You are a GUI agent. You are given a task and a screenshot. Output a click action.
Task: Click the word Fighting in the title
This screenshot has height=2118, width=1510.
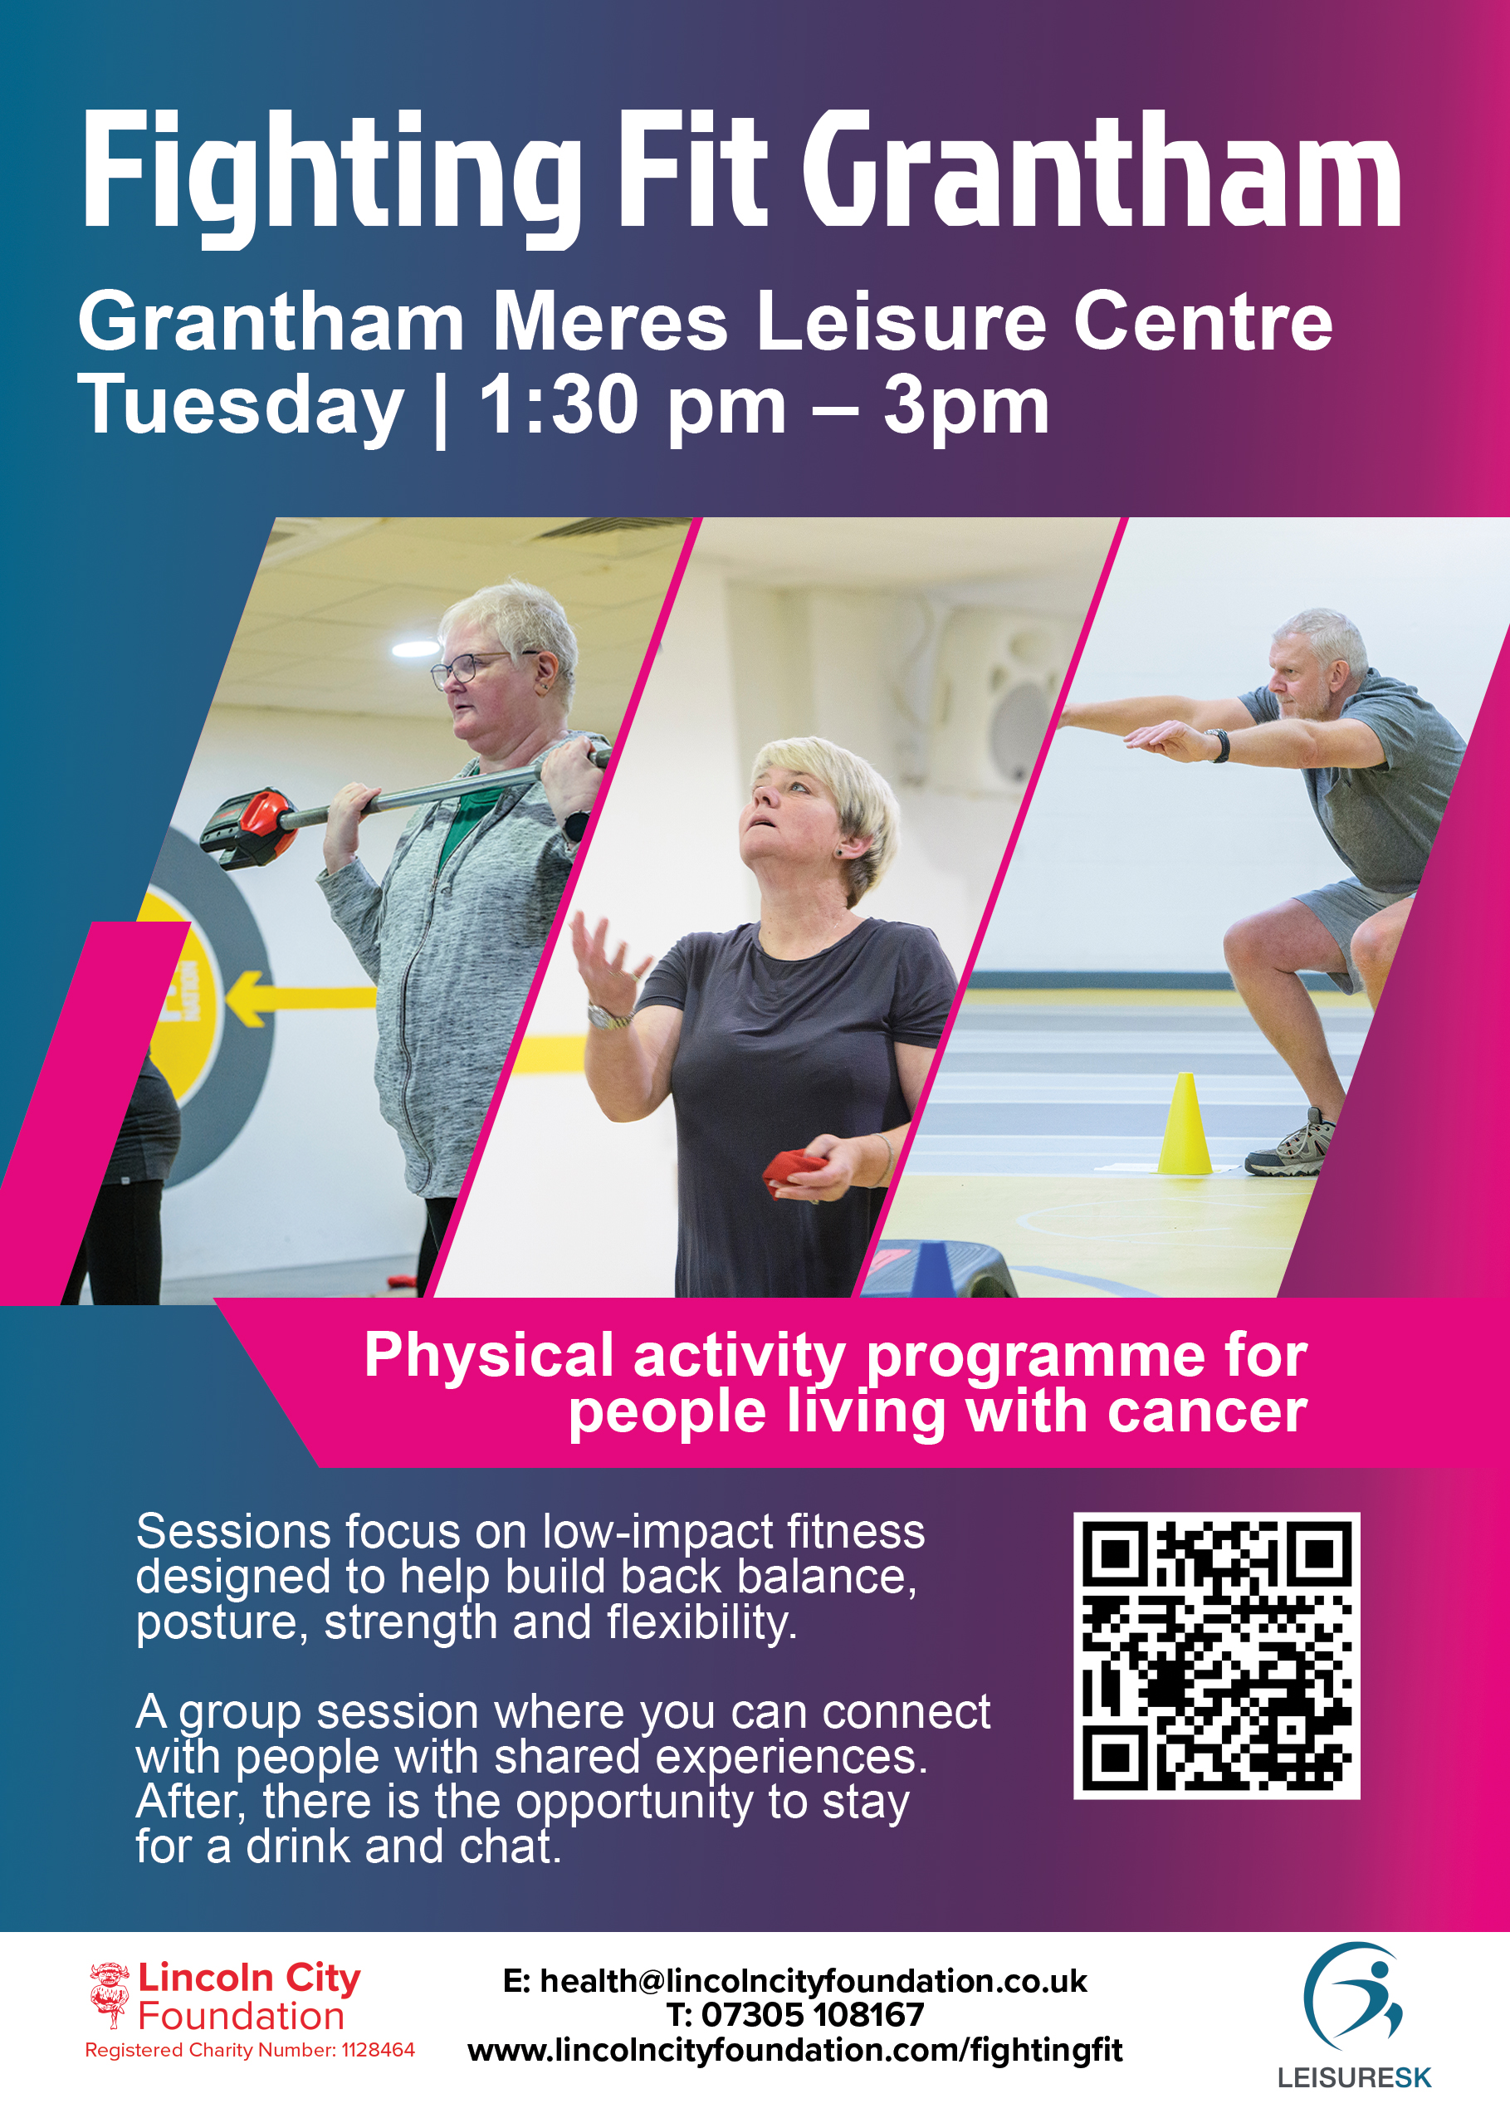click(332, 177)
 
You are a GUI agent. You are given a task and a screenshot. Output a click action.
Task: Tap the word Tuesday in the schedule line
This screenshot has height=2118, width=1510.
click(241, 406)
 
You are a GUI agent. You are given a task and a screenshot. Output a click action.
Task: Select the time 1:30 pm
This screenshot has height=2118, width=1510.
click(633, 406)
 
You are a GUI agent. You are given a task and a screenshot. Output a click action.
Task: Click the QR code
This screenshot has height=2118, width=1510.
click(1216, 1656)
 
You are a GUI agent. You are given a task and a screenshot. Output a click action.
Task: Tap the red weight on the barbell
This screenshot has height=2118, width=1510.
click(251, 827)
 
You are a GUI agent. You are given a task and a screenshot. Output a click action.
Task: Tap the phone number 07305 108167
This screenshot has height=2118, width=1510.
click(813, 2015)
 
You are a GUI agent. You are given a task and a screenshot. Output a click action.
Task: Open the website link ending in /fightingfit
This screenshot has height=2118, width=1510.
click(795, 2049)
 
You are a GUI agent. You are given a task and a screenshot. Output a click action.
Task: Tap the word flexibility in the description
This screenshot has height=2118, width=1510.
click(702, 1623)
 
